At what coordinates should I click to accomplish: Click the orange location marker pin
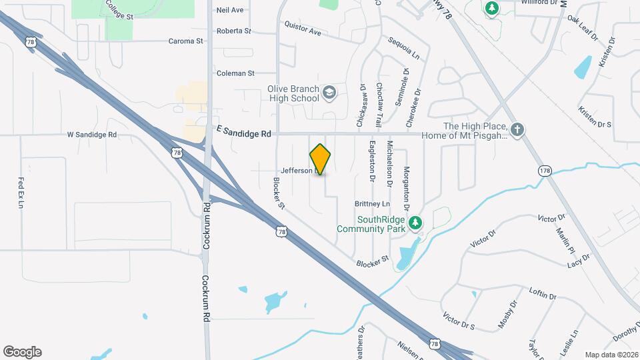(321, 159)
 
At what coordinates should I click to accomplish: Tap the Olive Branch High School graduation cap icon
(329, 92)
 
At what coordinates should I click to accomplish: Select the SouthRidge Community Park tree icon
(415, 222)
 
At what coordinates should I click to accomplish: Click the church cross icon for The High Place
(517, 129)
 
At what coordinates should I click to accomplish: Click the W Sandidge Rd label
(92, 134)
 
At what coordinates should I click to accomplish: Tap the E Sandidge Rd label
(243, 133)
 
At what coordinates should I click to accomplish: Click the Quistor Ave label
(303, 28)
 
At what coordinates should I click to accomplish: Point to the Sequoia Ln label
(407, 46)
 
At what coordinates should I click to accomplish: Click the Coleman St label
(235, 73)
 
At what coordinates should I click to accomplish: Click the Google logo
(22, 352)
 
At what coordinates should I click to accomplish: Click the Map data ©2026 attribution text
(611, 355)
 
